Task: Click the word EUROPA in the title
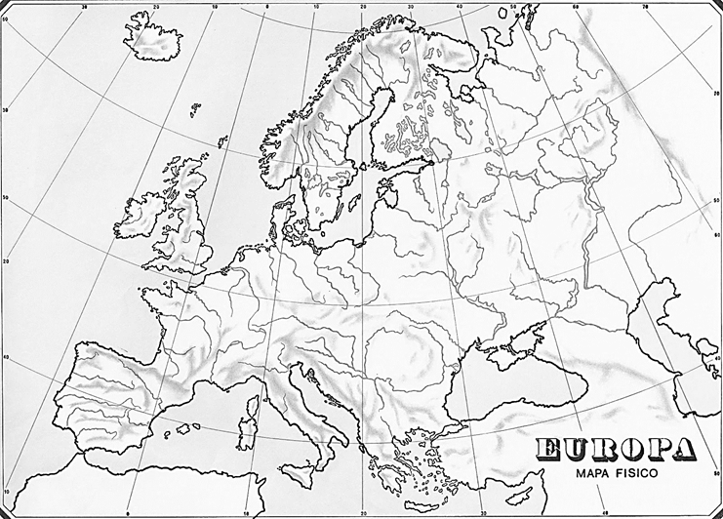point(616,450)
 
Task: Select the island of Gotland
point(348,207)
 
